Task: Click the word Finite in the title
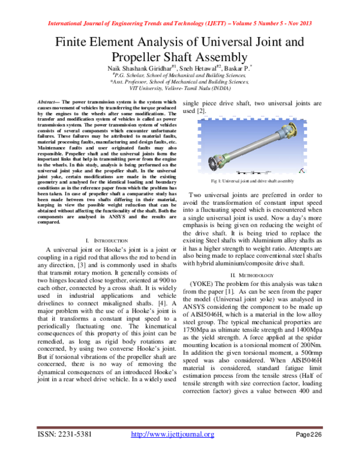coord(76,43)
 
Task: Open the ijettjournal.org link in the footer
coord(172,451)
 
